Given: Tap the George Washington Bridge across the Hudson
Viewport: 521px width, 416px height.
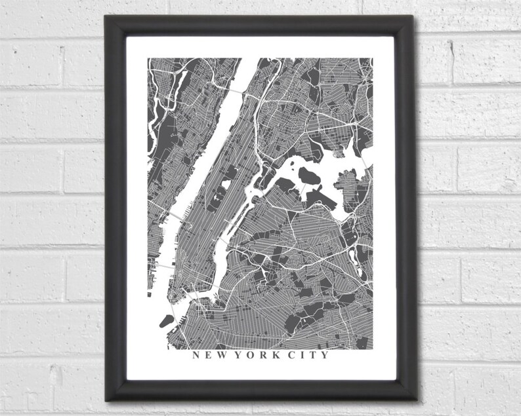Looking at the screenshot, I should tap(234, 86).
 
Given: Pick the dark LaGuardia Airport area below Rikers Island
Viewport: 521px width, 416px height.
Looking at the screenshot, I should tap(318, 195).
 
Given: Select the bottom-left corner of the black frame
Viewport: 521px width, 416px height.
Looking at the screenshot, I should tap(106, 400).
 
